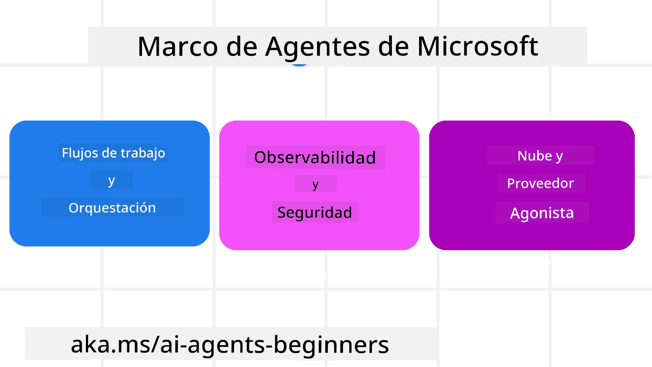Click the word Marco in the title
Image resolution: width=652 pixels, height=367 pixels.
tap(177, 47)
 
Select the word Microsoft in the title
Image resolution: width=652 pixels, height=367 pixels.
tap(477, 47)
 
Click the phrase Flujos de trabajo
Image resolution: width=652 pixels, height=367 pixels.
tap(113, 153)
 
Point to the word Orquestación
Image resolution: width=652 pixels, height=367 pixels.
tap(112, 208)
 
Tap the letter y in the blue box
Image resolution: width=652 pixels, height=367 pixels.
tap(111, 180)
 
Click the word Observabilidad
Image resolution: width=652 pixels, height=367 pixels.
tap(315, 157)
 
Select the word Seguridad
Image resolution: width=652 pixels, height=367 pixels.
tap(314, 213)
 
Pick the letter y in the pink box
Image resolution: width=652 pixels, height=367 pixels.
tap(315, 185)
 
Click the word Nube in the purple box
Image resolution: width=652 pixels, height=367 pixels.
tap(535, 156)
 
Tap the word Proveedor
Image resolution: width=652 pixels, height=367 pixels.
tap(541, 183)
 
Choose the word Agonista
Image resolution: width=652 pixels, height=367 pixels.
tap(542, 213)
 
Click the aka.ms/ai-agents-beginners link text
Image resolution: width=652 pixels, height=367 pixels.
tap(230, 345)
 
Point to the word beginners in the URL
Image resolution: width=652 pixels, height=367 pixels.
tap(331, 345)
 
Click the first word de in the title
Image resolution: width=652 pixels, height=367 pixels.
tap(241, 47)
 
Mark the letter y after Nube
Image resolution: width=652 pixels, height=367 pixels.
tap(559, 156)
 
